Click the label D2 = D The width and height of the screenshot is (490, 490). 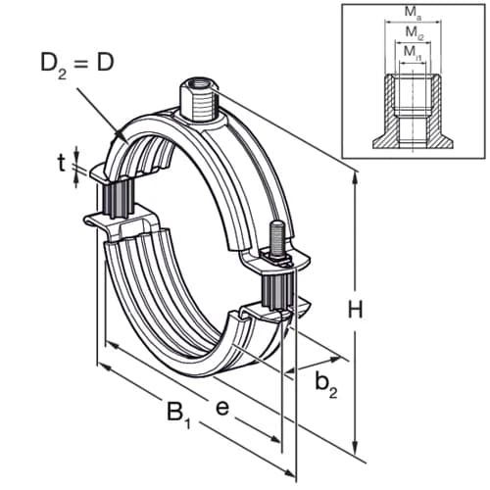point(76,67)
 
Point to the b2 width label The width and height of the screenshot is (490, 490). point(326,386)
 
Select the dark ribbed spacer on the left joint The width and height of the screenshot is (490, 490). point(115,201)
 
